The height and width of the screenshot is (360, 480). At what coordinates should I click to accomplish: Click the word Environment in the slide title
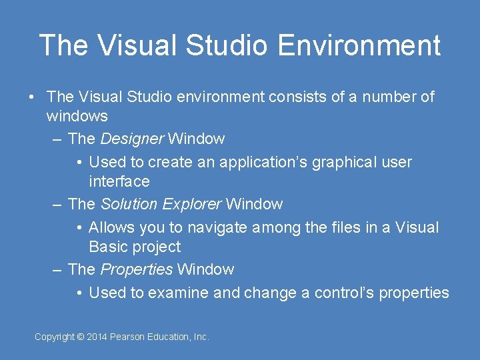(359, 45)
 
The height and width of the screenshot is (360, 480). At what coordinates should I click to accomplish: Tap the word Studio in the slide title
(227, 45)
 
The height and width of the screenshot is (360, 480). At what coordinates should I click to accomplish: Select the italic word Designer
(131, 139)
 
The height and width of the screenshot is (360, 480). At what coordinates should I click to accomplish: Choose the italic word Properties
(136, 269)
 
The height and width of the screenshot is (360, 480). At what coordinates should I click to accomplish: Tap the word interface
(119, 181)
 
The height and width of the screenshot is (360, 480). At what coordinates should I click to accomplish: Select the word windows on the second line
(77, 116)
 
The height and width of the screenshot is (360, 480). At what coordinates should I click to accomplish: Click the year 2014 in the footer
(97, 337)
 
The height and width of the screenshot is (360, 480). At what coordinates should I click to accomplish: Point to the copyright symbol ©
(81, 337)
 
